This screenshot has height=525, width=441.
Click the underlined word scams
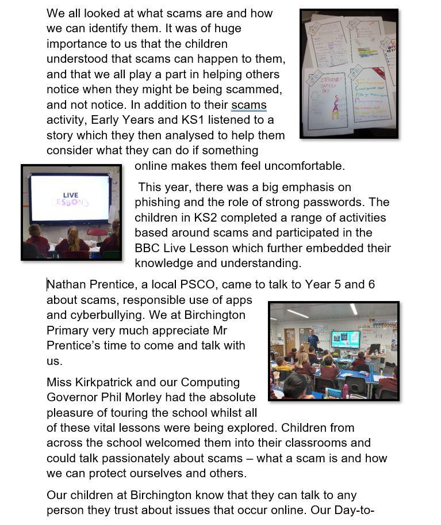tap(248, 105)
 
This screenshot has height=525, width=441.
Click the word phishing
tap(158, 203)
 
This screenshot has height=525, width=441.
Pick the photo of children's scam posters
tap(348, 73)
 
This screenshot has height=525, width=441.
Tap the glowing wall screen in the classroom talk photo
tap(346, 339)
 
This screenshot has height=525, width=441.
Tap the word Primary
tap(68, 330)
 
